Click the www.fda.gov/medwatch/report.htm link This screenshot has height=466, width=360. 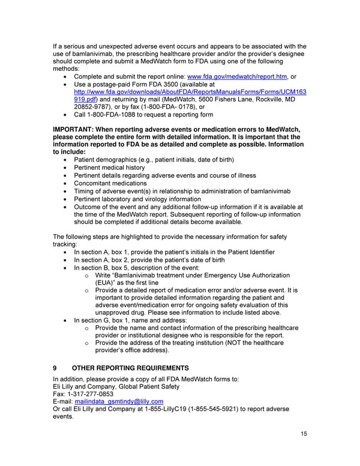coord(238,77)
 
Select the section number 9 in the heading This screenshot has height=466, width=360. coord(55,368)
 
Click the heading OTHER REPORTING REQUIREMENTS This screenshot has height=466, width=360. coord(130,368)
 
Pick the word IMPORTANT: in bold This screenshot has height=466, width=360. coord(74,130)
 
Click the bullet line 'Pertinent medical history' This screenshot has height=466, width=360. coord(109,168)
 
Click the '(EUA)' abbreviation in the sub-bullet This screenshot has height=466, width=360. coord(106,283)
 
